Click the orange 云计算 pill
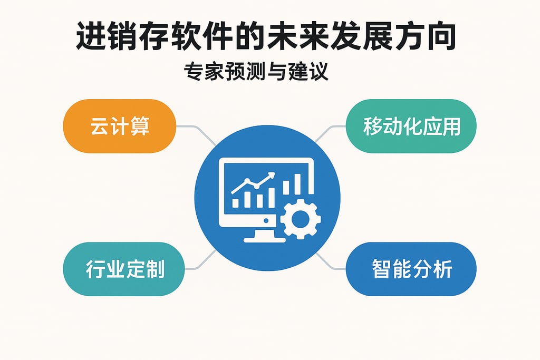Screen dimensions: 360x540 (119, 127)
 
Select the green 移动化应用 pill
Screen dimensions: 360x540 (411, 127)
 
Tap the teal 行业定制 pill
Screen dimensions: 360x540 (124, 269)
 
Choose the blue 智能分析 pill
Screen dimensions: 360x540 (411, 269)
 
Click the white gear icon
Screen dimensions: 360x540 (300, 219)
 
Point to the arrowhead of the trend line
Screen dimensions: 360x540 (272, 176)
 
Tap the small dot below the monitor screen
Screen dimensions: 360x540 (266, 220)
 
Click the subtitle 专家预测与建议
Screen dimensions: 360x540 (256, 72)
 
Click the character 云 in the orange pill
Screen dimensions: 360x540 (97, 127)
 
